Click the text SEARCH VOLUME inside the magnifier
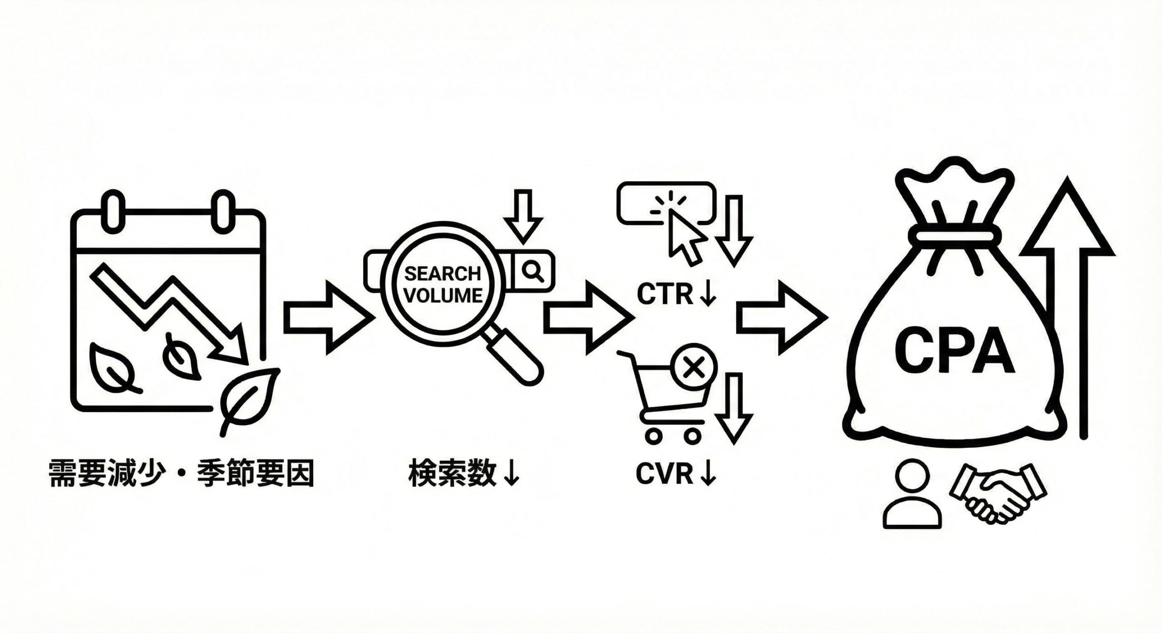[x=443, y=285]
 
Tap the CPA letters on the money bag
[x=954, y=350]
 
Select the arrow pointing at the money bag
[x=781, y=318]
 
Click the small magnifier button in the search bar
[x=532, y=271]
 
